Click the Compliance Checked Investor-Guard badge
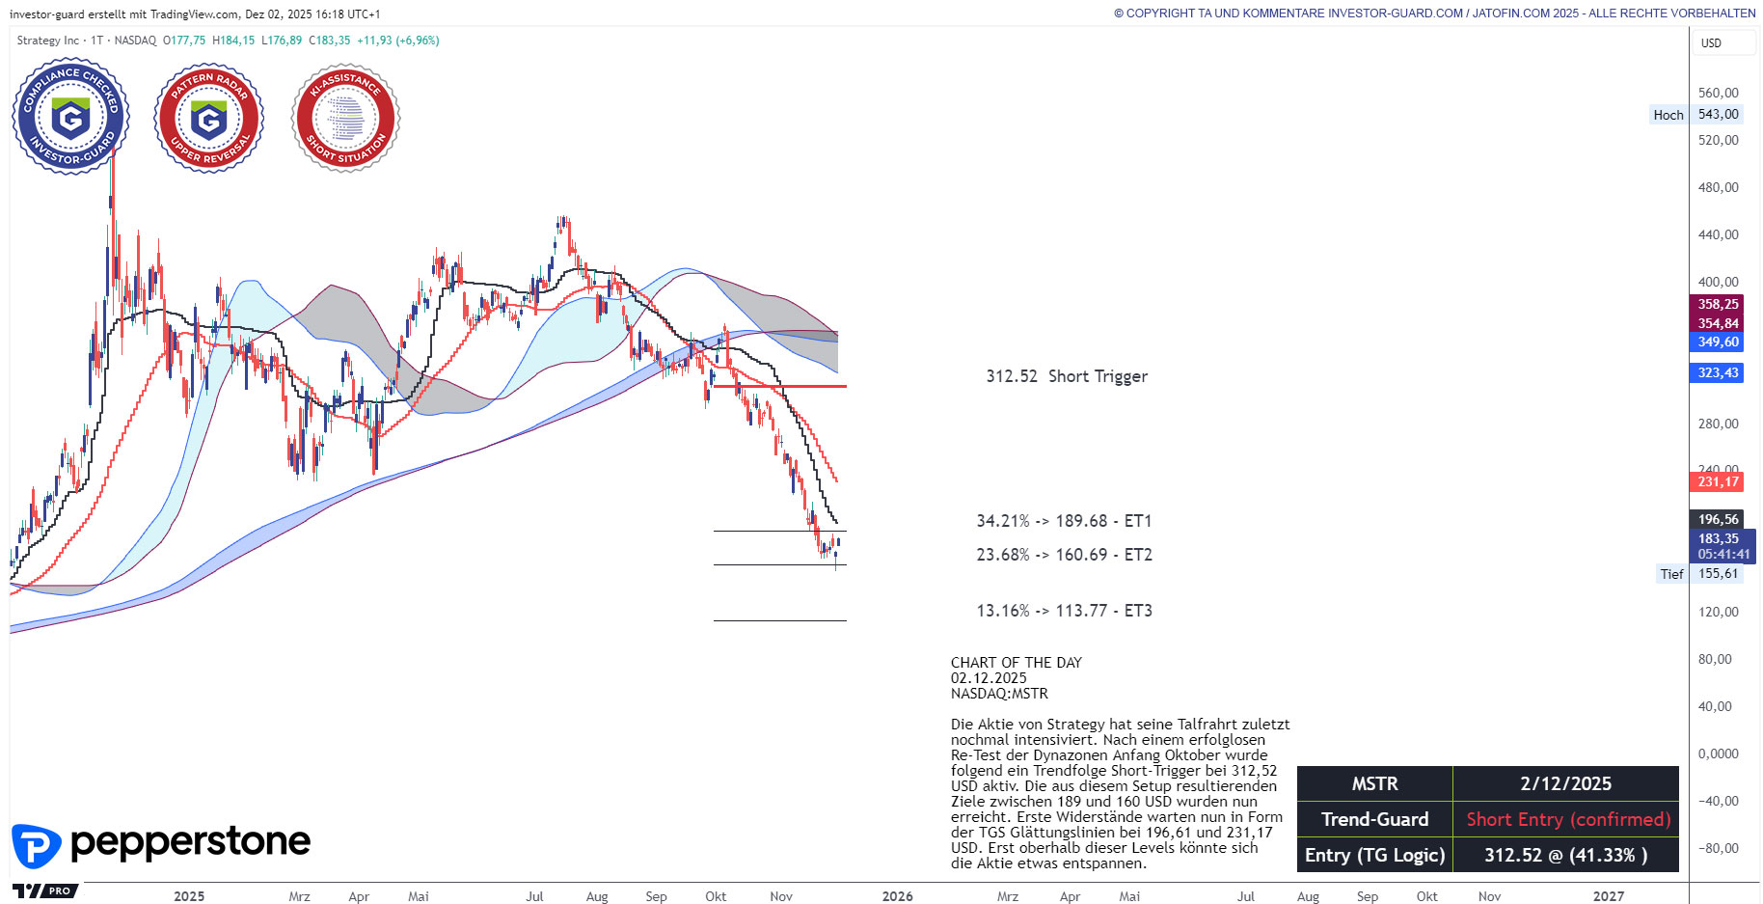pos(70,117)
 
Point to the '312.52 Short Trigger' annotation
pos(1066,376)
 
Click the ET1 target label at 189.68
pos(1064,521)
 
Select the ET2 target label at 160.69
pos(1064,555)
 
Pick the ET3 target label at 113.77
pos(1064,611)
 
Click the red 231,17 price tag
pos(1718,481)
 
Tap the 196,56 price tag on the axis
pos(1718,519)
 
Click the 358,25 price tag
pos(1718,304)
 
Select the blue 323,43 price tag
pos(1718,372)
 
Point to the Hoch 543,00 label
pos(1697,114)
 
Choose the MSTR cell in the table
pos(1374,783)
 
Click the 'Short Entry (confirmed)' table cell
pos(1567,819)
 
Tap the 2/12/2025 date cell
pos(1565,783)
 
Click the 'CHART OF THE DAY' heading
pos(1016,663)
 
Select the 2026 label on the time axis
pos(897,896)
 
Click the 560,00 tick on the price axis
pos(1718,93)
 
